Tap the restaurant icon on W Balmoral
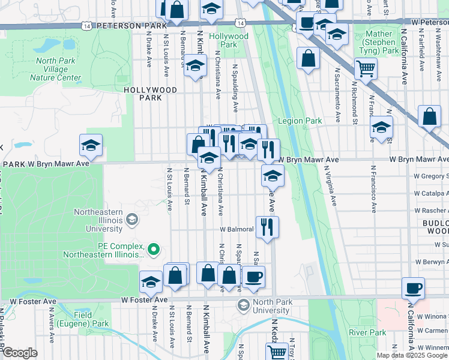[267, 227]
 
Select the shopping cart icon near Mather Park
[366, 68]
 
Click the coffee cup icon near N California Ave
[413, 288]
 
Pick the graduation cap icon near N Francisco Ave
[381, 127]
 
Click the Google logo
[19, 353]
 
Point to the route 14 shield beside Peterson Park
[88, 26]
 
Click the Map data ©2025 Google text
[412, 355]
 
